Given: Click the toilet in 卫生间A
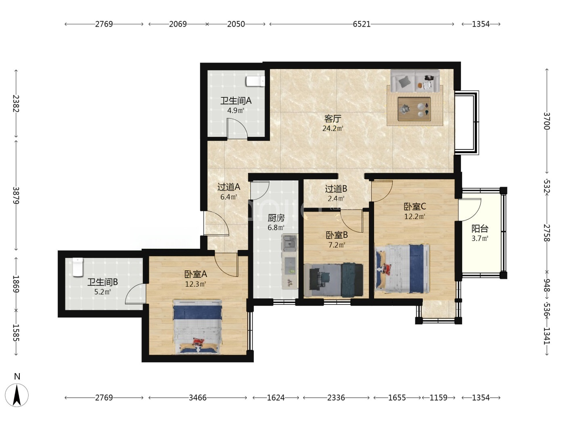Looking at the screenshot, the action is point(255,81).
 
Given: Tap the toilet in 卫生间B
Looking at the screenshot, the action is point(78,267).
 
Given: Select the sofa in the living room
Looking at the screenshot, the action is point(415,81).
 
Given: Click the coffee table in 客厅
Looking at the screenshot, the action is point(414,109).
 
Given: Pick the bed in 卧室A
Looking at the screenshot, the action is point(197,326).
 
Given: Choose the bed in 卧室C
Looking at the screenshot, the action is point(403,269).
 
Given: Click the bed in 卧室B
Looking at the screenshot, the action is point(334,280).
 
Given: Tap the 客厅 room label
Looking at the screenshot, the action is point(333,119).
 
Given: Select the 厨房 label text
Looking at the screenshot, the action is point(276,218).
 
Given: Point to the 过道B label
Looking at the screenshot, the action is point(336,189).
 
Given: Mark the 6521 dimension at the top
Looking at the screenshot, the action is point(362,24).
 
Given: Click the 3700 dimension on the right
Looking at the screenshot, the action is point(547,121).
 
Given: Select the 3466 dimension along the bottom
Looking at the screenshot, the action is point(198,398).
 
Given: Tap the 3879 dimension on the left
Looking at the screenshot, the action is point(16,195).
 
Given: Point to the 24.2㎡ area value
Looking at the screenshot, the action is point(333,128).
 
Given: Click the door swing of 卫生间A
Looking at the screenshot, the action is point(237,129).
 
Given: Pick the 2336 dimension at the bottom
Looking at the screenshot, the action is point(336,398).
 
